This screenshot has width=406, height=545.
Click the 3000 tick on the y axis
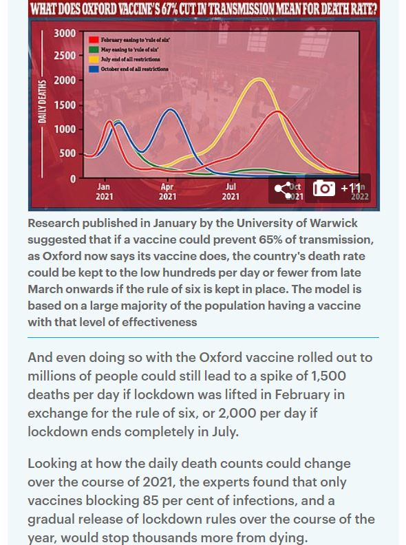click(x=65, y=33)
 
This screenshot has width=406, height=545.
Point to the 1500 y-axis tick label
click(x=65, y=105)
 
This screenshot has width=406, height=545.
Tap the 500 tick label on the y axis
click(x=67, y=153)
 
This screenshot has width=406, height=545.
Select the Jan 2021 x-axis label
click(x=103, y=191)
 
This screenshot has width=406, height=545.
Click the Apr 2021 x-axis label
click(x=167, y=191)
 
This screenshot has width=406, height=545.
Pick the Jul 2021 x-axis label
click(x=231, y=191)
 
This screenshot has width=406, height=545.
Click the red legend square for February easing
click(x=94, y=41)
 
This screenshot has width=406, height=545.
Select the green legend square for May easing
click(x=94, y=50)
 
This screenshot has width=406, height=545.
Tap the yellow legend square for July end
click(x=94, y=59)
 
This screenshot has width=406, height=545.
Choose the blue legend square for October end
click(x=94, y=69)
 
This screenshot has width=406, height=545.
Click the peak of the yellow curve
click(x=259, y=79)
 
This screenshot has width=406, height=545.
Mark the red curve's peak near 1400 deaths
click(x=277, y=111)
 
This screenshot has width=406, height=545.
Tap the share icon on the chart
click(x=284, y=189)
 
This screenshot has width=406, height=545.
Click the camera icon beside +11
click(x=324, y=188)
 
